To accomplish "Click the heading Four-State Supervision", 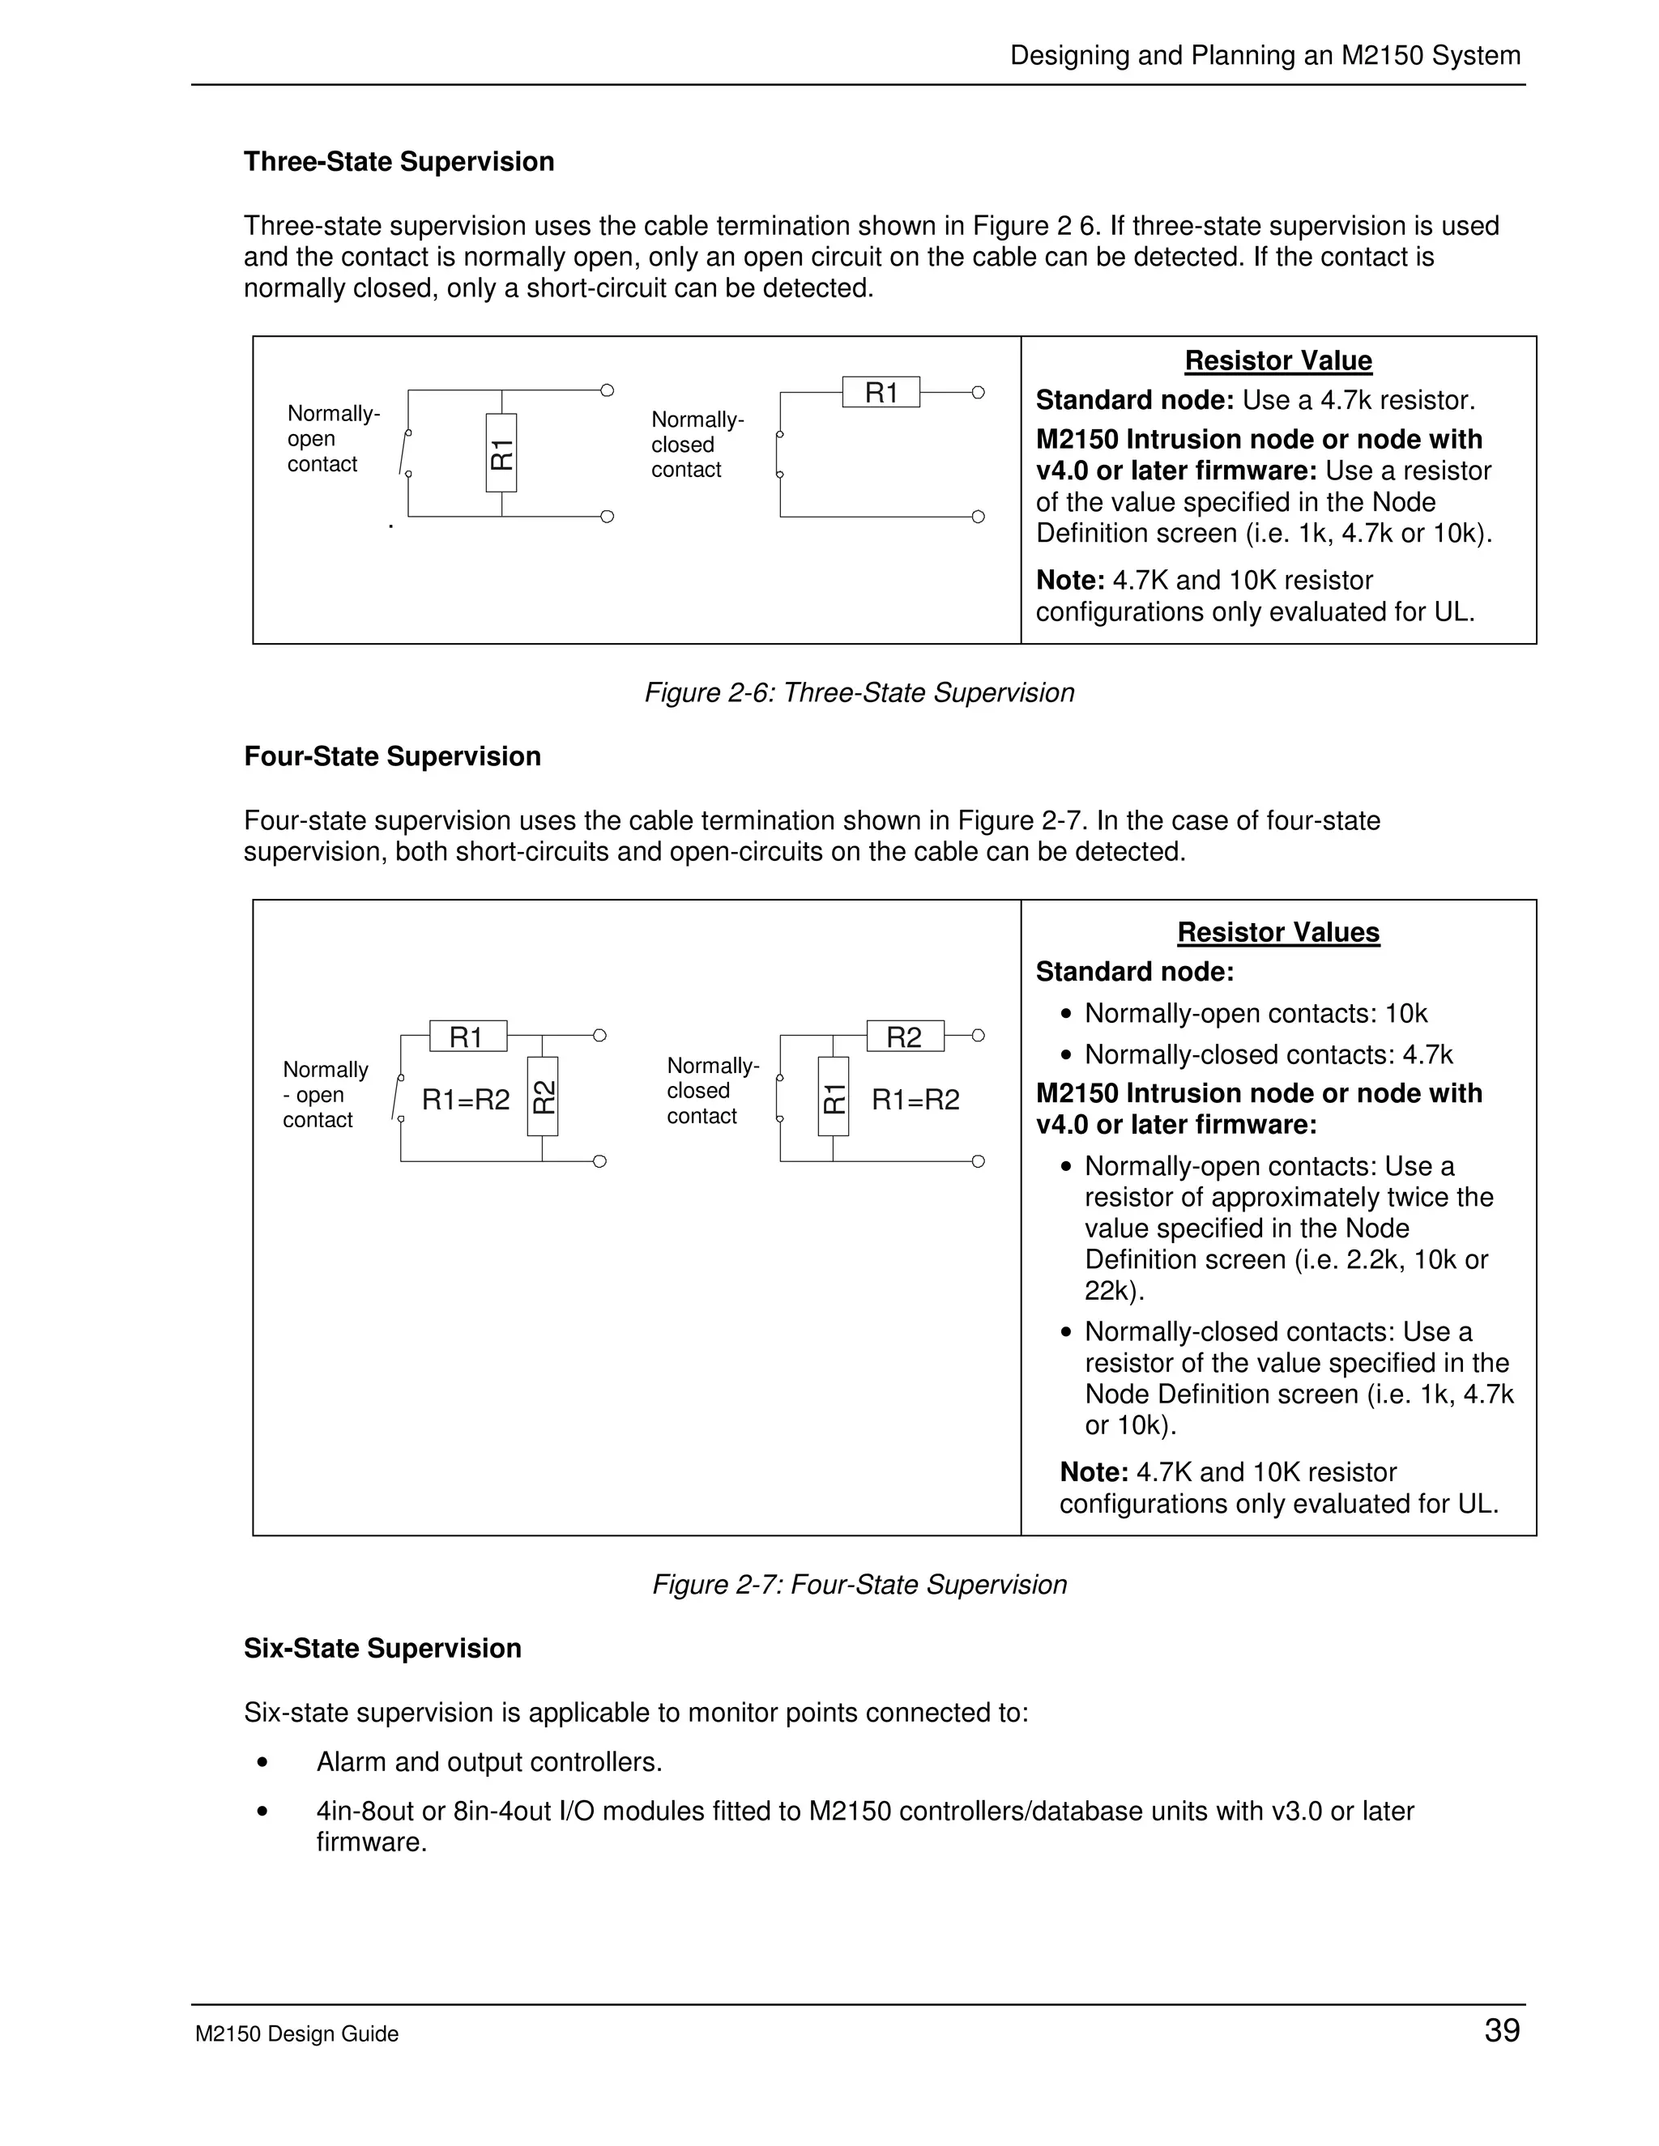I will pos(392,756).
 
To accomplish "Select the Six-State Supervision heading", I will pos(382,1648).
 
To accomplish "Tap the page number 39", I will pos(1502,2030).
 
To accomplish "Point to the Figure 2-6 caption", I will pos(859,692).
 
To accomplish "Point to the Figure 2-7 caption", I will pos(859,1585).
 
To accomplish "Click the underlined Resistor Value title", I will pos(1277,360).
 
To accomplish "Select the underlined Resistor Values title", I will pos(1277,932).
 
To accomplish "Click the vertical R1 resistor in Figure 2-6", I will pos(501,453).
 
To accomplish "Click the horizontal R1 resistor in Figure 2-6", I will pos(881,392).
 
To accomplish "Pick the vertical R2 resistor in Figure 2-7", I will pos(543,1096).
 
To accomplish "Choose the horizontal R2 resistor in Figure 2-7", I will pos(905,1037).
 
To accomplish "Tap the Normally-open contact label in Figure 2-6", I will pos(332,438).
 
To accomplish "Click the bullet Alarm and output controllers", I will pos(488,1762).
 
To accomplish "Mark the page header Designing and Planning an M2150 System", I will pos(1265,55).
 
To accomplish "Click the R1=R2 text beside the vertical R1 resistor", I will pos(915,1100).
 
